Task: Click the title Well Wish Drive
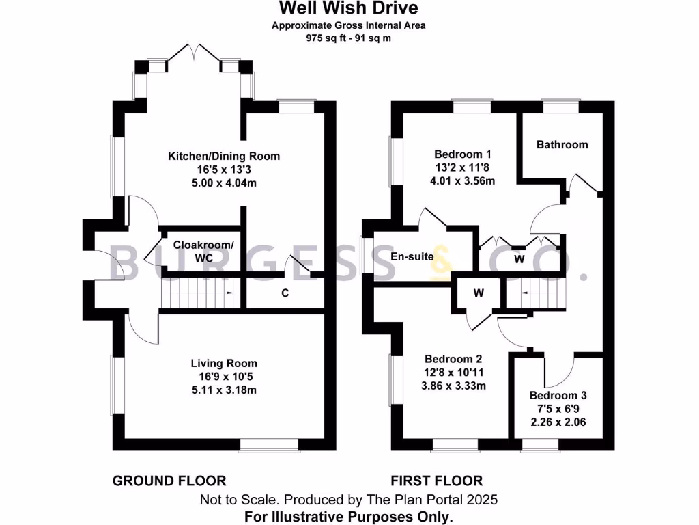[x=349, y=8]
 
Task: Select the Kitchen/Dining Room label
[x=224, y=157]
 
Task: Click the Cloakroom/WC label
[x=203, y=251]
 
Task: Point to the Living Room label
[x=224, y=364]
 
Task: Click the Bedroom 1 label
[x=458, y=154]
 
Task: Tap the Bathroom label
[x=562, y=145]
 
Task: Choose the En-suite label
[x=412, y=257]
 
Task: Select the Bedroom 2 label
[x=453, y=359]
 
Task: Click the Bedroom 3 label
[x=558, y=396]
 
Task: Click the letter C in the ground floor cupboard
[x=285, y=294]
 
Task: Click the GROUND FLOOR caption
[x=169, y=481]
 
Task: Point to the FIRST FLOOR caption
[x=437, y=481]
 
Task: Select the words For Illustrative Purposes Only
[x=349, y=516]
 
